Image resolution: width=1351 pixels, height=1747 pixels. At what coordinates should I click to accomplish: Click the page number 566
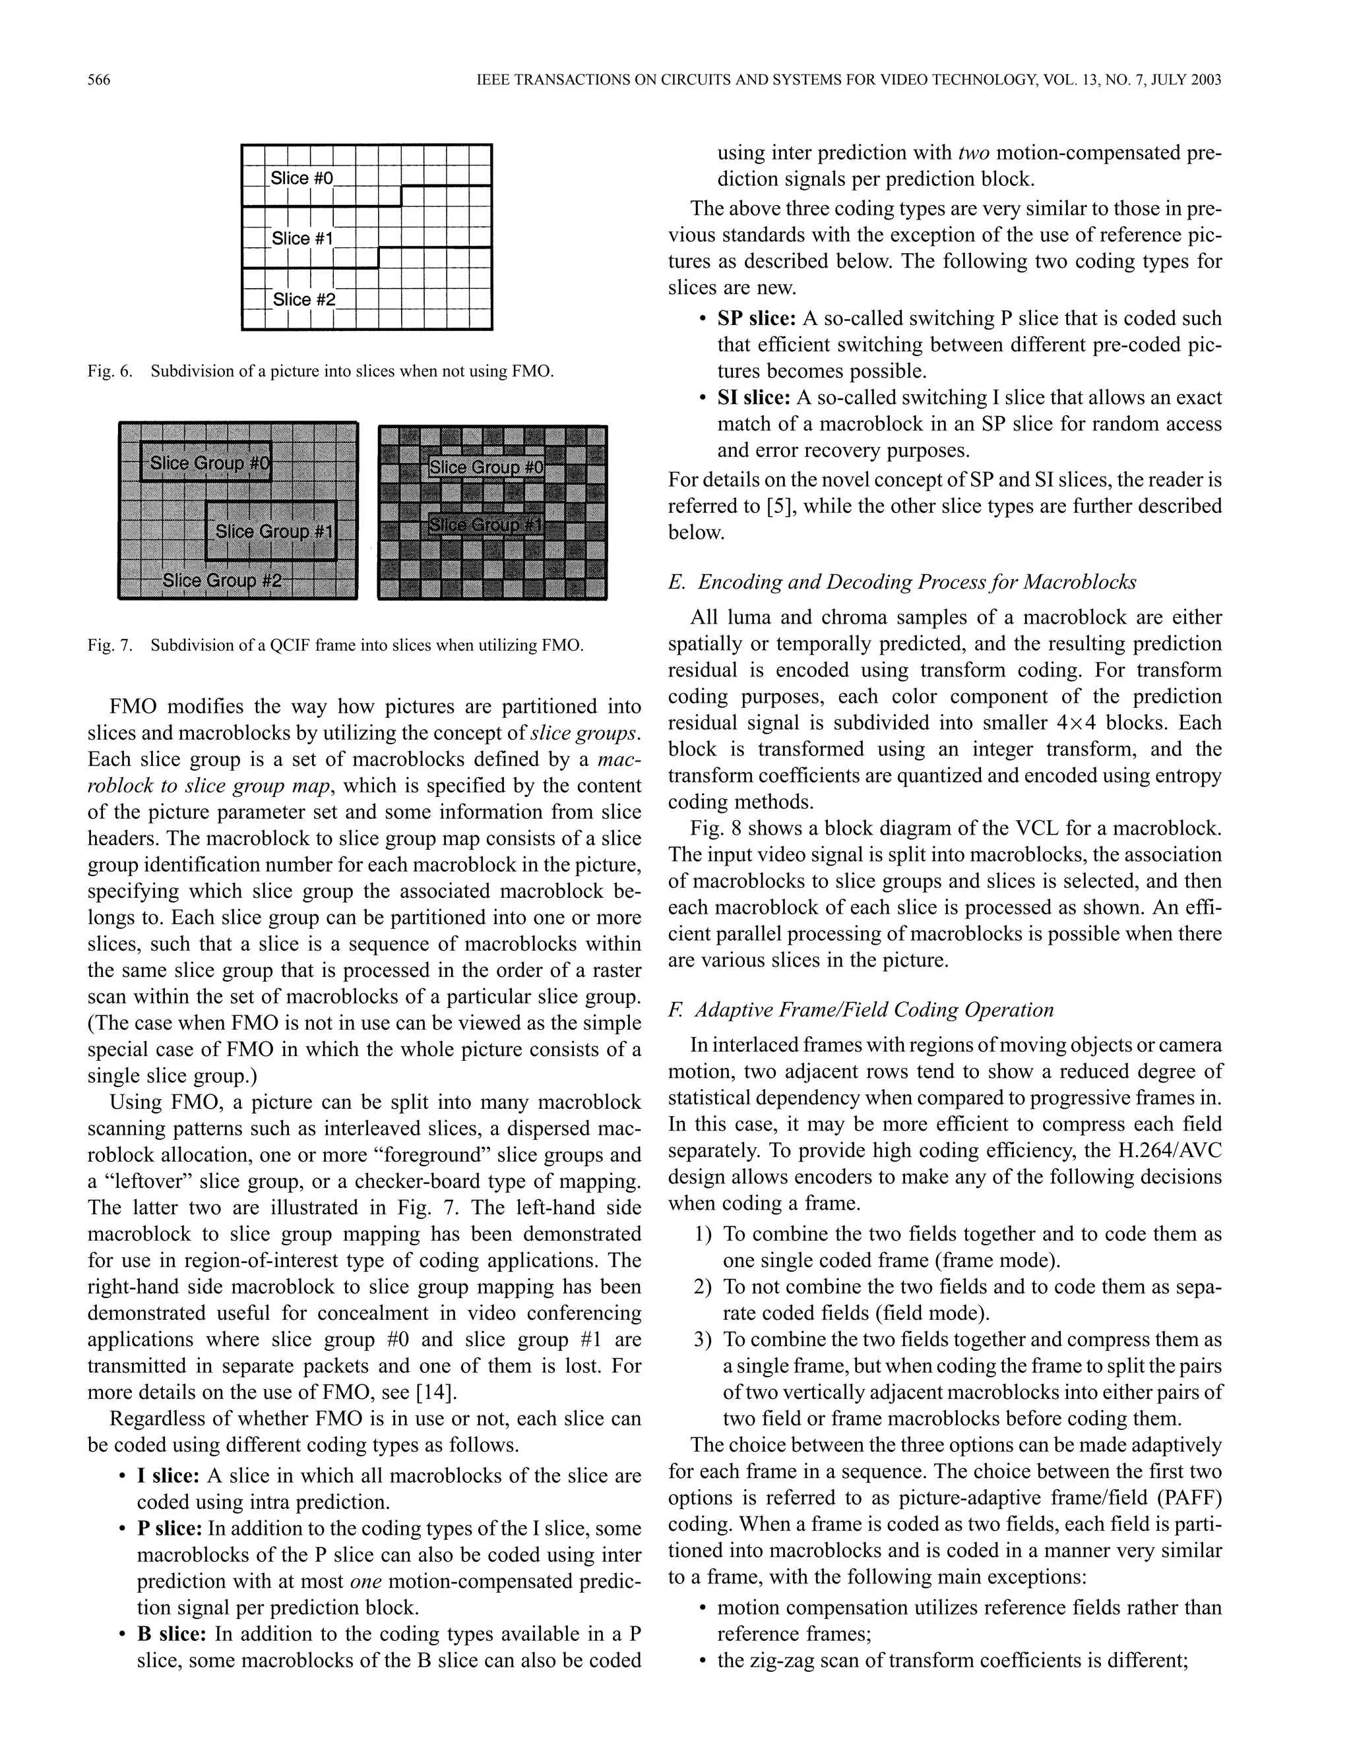(x=98, y=80)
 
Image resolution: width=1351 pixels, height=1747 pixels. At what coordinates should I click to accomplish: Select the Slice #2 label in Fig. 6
(x=303, y=299)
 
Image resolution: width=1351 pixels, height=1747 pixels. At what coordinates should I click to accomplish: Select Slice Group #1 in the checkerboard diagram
(x=486, y=525)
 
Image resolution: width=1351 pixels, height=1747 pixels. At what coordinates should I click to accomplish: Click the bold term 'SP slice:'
(x=755, y=318)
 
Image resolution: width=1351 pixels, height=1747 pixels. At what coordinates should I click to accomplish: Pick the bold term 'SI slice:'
(x=754, y=398)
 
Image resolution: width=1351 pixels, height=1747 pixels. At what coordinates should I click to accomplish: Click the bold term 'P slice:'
(x=170, y=1529)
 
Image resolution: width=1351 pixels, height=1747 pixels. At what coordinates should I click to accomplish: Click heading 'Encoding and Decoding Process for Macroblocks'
(x=916, y=581)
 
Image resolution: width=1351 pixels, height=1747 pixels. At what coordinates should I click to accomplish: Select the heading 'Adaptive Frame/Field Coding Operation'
(x=873, y=1009)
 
